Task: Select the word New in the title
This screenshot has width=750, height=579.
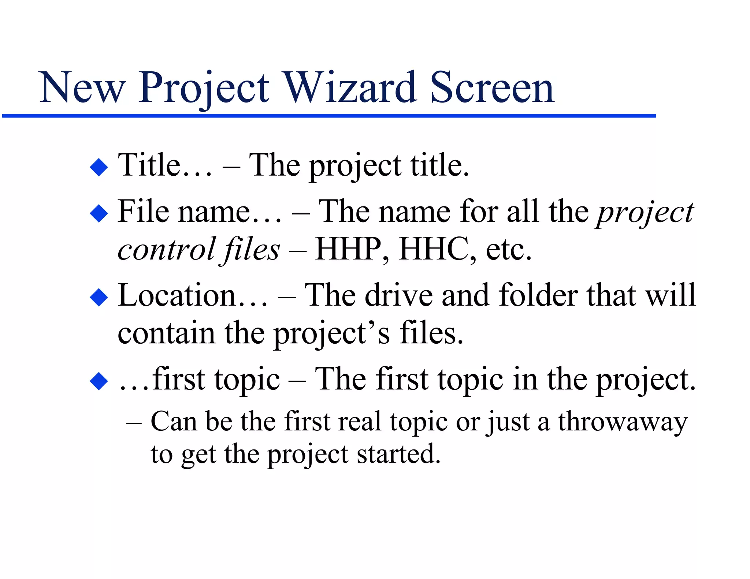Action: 82,88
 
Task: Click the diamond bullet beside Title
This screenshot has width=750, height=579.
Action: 99,167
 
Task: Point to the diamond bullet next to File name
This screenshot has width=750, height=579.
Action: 99,213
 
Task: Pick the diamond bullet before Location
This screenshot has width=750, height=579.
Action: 99,297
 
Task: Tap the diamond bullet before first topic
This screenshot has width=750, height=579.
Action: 99,381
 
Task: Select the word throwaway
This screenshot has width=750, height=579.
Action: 622,422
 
